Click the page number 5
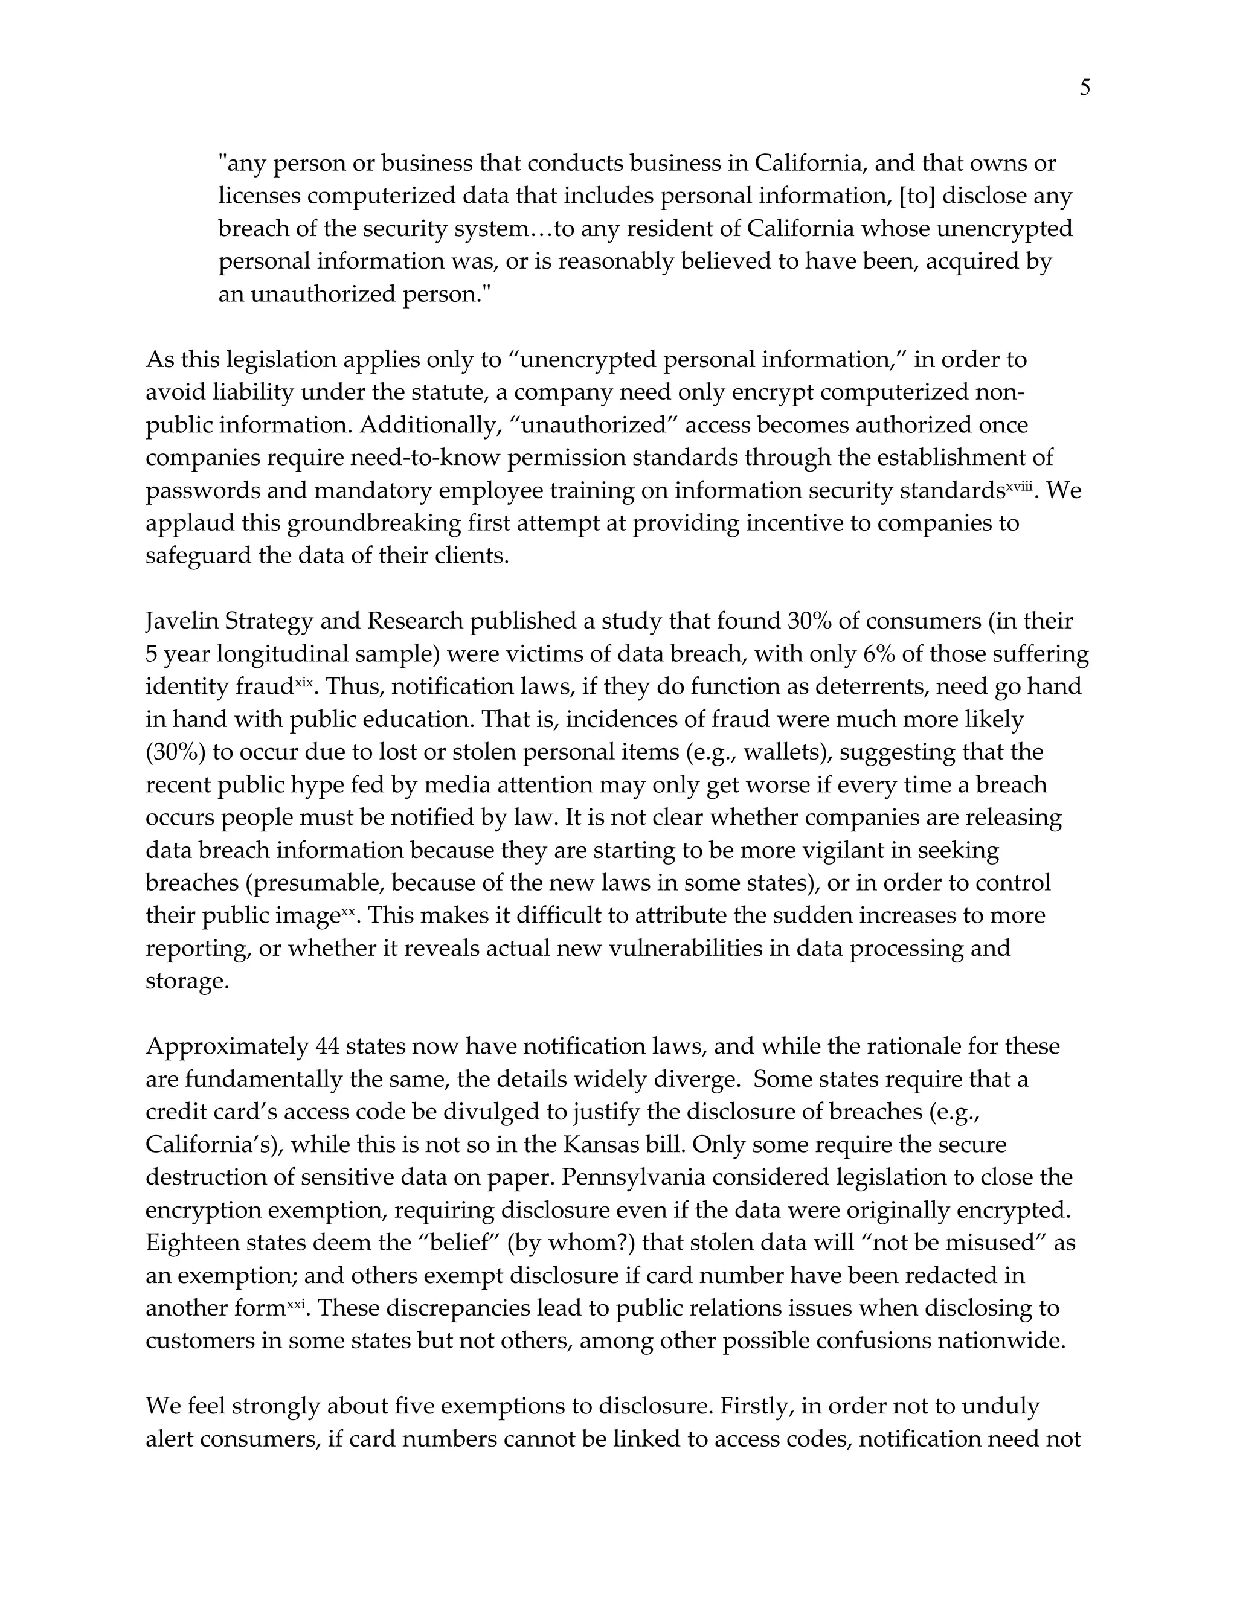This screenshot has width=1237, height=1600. coord(1085,89)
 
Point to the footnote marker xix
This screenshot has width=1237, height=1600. coord(303,683)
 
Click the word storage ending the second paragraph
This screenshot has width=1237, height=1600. coord(187,981)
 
